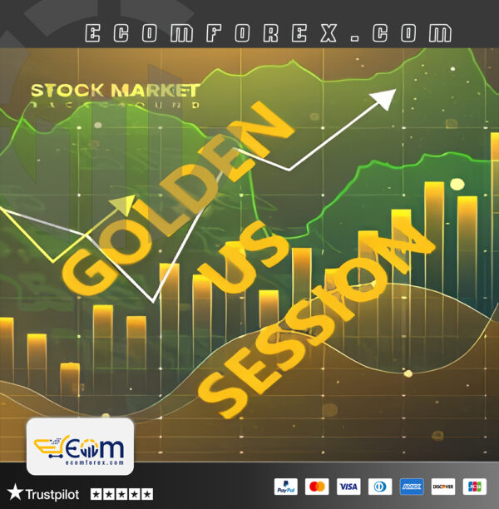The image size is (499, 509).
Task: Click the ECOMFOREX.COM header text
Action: [269, 34]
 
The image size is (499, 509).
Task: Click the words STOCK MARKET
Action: [115, 90]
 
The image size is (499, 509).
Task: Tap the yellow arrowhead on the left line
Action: [124, 204]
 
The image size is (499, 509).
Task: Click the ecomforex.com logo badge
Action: [81, 447]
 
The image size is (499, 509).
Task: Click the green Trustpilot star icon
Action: [15, 493]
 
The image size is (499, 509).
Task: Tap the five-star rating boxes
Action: [121, 494]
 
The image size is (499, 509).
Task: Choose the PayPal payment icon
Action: [285, 487]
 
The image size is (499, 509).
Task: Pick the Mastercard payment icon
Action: [317, 487]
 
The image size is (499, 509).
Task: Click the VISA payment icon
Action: [348, 487]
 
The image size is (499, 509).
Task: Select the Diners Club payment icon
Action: [380, 487]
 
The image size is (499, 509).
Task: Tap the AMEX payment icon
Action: [412, 487]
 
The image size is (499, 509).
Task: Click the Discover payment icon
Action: [443, 487]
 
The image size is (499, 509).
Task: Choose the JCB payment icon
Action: [475, 487]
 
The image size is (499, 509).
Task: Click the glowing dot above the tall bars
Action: [457, 185]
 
